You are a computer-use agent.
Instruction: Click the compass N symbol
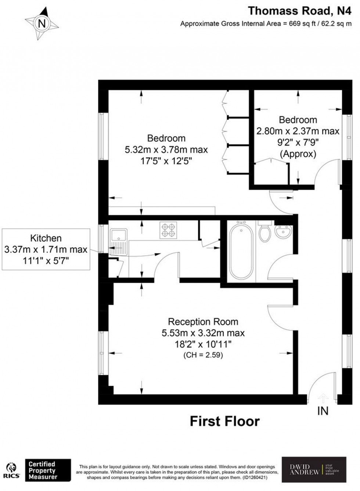point(42,24)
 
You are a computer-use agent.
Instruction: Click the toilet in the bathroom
point(264,231)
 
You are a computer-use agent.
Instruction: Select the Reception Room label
point(203,322)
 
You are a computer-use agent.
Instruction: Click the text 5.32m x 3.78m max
point(166,150)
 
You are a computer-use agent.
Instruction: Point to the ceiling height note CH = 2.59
point(203,355)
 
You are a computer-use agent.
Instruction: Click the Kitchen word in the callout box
point(46,238)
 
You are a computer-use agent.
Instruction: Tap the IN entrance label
point(323,411)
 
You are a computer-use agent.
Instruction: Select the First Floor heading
point(224,421)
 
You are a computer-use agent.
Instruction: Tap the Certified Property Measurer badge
point(48,470)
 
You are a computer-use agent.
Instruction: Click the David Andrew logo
point(314,469)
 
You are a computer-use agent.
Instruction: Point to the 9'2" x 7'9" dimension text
point(298,142)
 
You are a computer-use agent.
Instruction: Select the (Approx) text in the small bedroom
point(298,154)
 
